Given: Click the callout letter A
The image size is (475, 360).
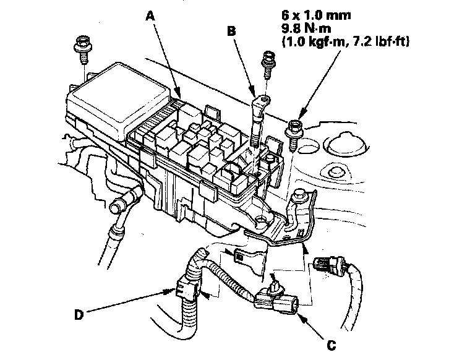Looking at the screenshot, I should [149, 17].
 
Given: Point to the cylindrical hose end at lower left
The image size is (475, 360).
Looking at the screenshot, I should [122, 205].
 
